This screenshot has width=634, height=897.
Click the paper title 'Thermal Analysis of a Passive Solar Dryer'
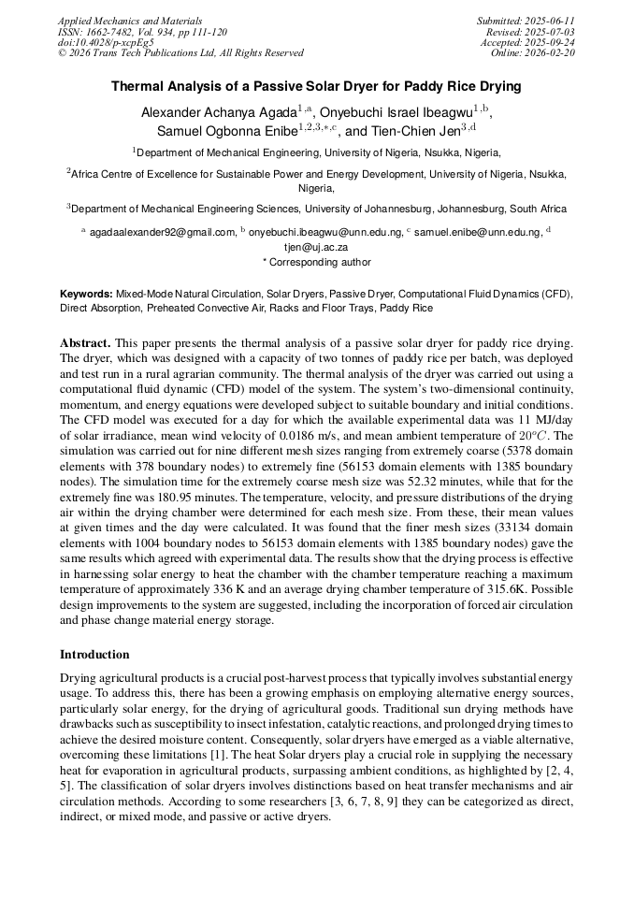click(316, 87)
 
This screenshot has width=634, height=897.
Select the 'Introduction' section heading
click(94, 655)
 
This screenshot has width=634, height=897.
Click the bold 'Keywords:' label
click(86, 294)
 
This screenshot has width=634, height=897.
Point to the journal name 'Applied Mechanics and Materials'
click(129, 21)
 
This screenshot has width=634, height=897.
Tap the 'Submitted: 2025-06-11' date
click(526, 21)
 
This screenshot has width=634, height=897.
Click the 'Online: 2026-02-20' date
click(533, 53)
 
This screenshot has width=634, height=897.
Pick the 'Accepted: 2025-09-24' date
click(527, 43)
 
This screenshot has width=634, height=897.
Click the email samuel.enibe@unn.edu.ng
click(477, 232)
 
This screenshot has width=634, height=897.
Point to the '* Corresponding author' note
click(316, 263)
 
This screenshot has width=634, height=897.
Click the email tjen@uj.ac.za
click(316, 248)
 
